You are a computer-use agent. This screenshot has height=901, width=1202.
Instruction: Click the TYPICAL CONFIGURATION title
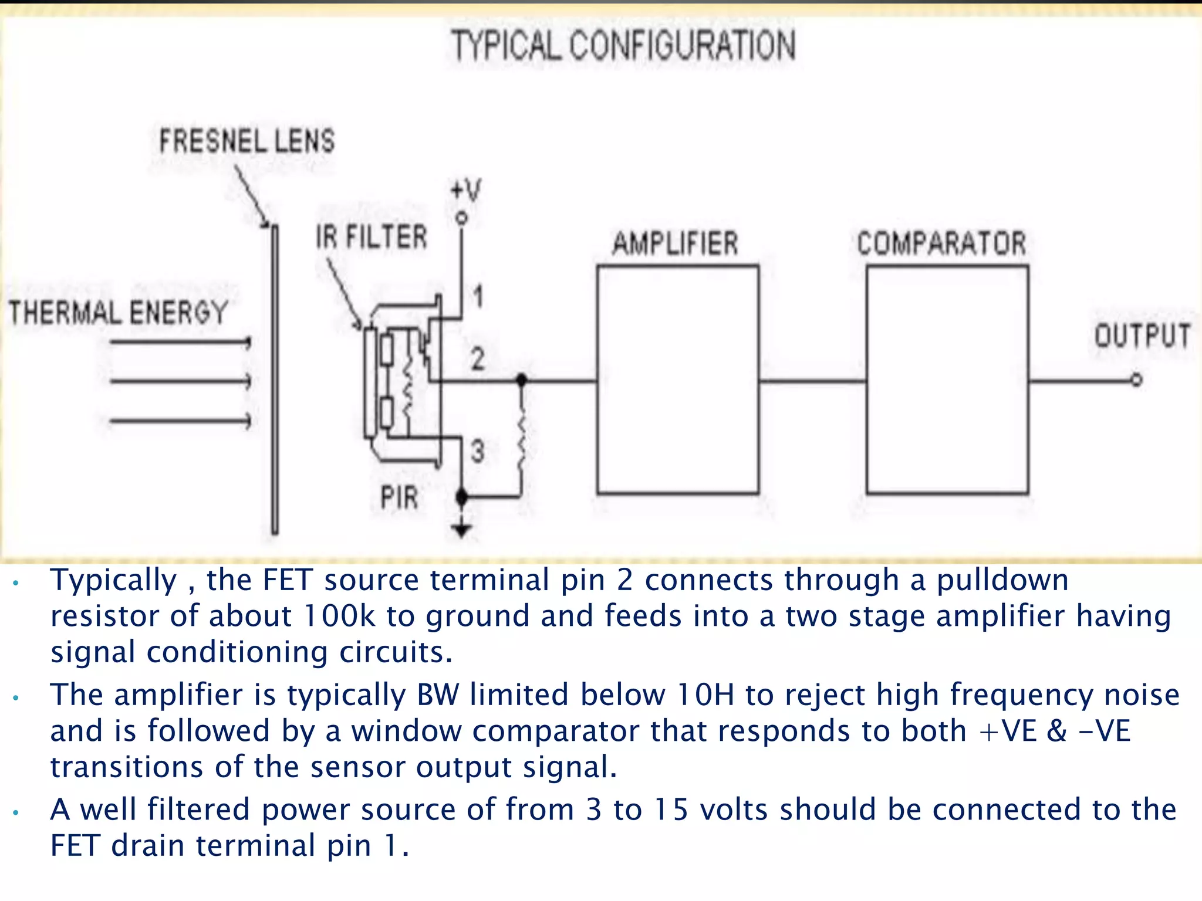tap(623, 46)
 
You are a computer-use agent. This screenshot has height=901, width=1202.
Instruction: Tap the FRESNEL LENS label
tap(247, 141)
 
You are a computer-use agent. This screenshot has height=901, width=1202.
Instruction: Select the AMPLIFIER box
tap(678, 380)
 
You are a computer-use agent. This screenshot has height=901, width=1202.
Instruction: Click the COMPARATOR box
tap(947, 380)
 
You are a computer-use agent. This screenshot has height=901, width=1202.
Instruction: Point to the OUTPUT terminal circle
tap(1137, 380)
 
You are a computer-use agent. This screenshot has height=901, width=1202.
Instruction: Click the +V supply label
tap(465, 191)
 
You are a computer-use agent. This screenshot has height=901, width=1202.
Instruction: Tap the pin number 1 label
tap(478, 296)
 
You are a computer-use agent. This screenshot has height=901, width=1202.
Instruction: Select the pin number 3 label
tap(478, 452)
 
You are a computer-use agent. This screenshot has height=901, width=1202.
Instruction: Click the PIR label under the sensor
tap(399, 497)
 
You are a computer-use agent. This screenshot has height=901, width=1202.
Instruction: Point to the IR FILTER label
tap(372, 237)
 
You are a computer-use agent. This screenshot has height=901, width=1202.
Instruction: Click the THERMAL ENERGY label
tap(118, 312)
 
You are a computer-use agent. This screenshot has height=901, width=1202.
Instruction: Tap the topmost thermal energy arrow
tap(180, 342)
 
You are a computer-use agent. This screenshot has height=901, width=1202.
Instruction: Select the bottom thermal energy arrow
tap(180, 421)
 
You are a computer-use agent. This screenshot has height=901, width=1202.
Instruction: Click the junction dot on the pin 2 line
tap(521, 380)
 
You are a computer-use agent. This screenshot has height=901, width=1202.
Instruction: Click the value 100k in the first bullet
tap(339, 616)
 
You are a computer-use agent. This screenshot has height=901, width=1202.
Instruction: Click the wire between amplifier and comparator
tap(812, 381)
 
